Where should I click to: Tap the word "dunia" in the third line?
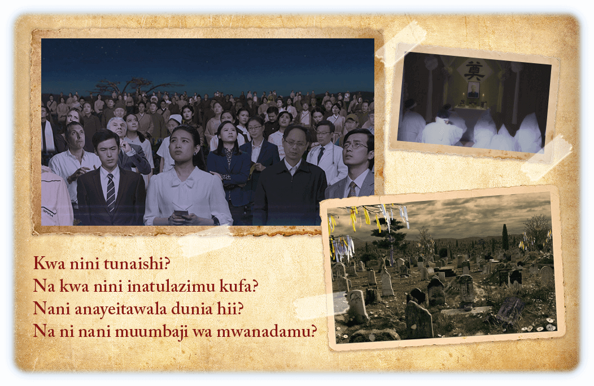click(x=191, y=309)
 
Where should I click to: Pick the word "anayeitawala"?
click(x=120, y=309)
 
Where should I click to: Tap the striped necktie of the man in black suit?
click(x=111, y=193)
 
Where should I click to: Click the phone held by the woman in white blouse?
click(x=181, y=213)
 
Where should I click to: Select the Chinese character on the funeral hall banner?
click(x=474, y=71)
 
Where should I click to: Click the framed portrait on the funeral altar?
click(x=473, y=90)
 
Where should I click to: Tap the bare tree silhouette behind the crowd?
click(x=133, y=86)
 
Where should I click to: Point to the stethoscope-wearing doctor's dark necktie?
click(x=321, y=155)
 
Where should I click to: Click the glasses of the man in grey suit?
click(x=356, y=144)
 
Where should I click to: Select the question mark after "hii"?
click(x=239, y=309)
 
